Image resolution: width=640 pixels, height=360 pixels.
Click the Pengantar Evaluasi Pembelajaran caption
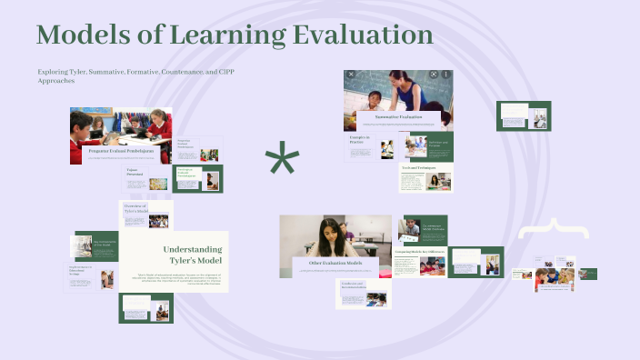click(120, 152)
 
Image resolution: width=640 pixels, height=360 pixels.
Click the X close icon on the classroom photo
click(352, 75)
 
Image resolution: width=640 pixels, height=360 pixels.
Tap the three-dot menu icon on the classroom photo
click(446, 75)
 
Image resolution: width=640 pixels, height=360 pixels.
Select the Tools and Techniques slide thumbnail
click(425, 178)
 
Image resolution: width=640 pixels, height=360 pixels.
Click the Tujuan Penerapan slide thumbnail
click(146, 179)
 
